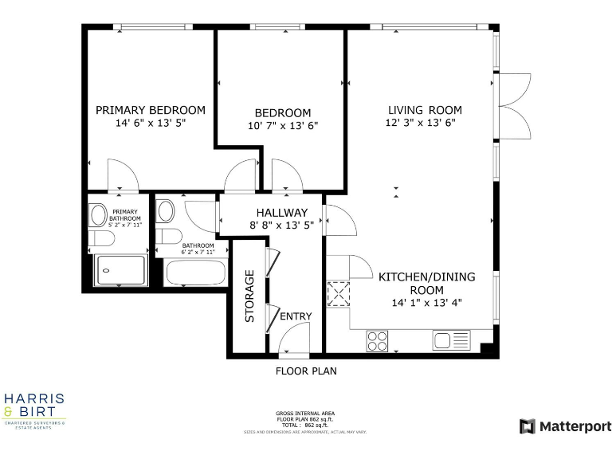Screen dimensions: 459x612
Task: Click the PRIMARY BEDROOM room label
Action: coord(151,110)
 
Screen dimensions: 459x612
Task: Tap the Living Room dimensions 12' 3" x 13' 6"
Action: coord(425,123)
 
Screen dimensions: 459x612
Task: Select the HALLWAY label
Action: coord(281,213)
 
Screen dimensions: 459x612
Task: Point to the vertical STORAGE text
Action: coord(249,296)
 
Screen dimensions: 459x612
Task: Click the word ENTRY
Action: coord(296,316)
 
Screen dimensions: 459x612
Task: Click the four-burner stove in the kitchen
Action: coord(377,340)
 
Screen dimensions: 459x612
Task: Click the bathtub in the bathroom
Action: coord(196,272)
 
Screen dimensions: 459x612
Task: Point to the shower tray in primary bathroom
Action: coord(120,271)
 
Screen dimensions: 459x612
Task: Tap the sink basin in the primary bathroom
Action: coord(98,215)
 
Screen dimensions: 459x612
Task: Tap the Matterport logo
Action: coord(565,426)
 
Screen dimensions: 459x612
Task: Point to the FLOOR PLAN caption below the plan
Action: coord(306,371)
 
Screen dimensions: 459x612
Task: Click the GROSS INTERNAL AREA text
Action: coord(305,414)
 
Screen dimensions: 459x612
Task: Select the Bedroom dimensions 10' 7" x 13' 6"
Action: coord(283,125)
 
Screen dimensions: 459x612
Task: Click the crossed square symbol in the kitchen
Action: coord(339,294)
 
